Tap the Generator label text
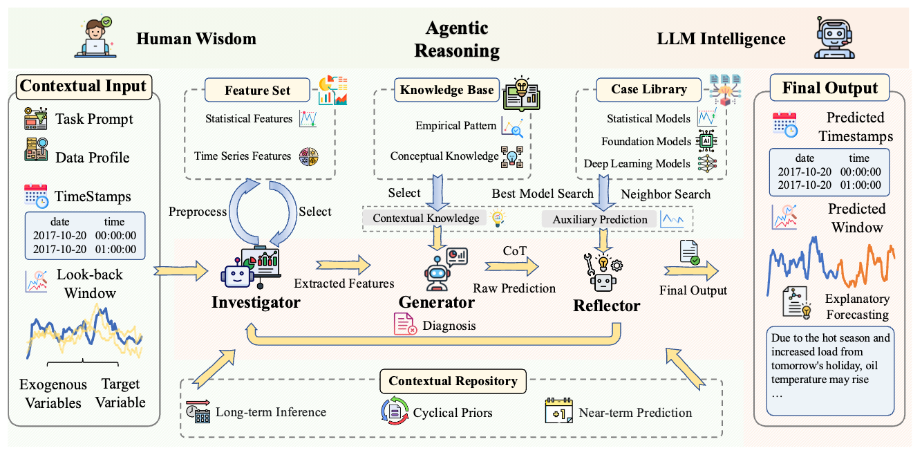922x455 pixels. (x=436, y=302)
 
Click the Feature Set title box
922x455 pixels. (x=258, y=90)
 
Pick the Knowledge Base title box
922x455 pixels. (x=447, y=89)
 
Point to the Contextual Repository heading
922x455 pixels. (x=453, y=381)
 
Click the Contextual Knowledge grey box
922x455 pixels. (x=426, y=218)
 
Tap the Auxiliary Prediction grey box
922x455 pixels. (x=600, y=219)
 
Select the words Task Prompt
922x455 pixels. (x=95, y=119)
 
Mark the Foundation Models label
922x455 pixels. (x=646, y=141)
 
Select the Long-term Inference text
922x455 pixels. (x=271, y=413)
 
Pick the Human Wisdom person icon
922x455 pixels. (x=95, y=37)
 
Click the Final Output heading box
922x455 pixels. (x=829, y=88)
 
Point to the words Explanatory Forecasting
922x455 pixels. (x=856, y=306)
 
